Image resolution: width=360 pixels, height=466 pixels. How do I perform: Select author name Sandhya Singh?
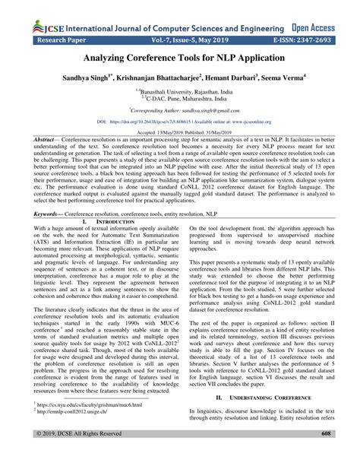pos(78,78)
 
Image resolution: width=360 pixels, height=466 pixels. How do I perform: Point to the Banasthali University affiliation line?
pos(180,90)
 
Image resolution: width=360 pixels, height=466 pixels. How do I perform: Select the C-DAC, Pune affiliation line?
pos(180,97)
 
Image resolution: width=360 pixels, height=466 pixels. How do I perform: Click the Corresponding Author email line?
pos(180,109)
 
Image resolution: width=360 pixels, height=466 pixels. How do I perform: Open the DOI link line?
pos(180,120)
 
